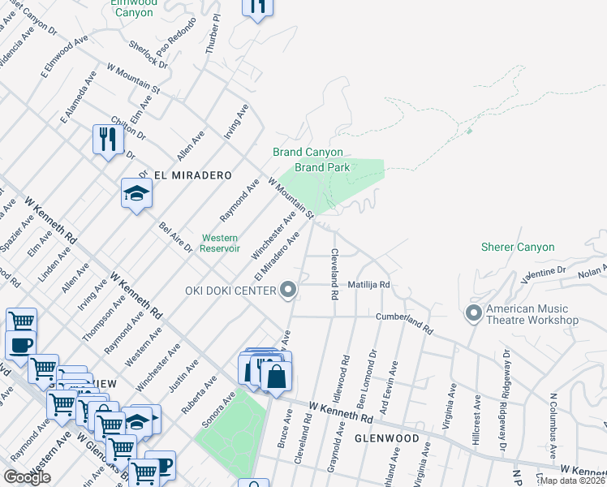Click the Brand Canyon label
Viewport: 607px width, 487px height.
click(308, 153)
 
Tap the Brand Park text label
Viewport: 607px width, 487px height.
click(322, 167)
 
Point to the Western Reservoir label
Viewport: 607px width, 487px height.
click(220, 243)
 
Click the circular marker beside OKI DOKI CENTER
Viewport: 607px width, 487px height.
click(287, 290)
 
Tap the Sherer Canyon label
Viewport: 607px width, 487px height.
click(518, 247)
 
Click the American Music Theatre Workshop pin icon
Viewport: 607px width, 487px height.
click(474, 312)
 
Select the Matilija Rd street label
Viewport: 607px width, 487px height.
click(369, 286)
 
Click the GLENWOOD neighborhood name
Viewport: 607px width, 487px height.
click(386, 438)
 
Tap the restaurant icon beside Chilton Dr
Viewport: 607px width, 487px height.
click(107, 139)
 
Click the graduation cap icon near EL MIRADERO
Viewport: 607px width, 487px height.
click(136, 193)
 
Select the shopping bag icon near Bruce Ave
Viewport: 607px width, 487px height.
click(276, 376)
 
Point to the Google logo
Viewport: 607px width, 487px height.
click(27, 477)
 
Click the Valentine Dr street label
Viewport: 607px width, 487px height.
click(544, 272)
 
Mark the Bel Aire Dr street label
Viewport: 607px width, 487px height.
click(176, 237)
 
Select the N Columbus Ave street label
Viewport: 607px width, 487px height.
click(554, 439)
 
